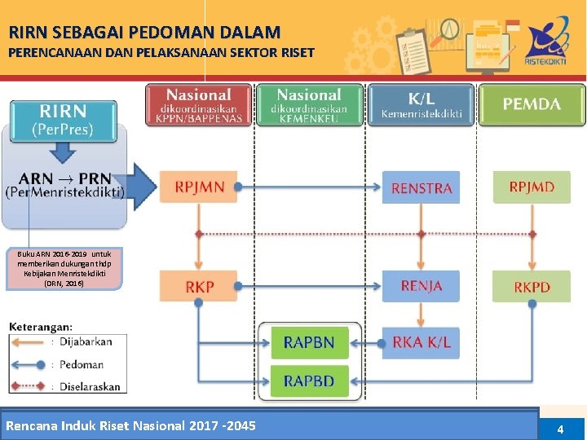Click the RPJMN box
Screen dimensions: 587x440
pyautogui.click(x=199, y=187)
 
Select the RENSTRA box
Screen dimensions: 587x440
pyautogui.click(x=421, y=187)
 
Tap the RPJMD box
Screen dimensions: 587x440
pyautogui.click(x=532, y=187)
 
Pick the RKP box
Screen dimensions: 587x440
pyautogui.click(x=199, y=287)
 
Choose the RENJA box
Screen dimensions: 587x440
pyautogui.click(x=421, y=286)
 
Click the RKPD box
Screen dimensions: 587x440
pyautogui.click(x=532, y=287)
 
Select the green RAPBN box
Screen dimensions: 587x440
pyautogui.click(x=309, y=342)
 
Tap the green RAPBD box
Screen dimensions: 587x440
pyautogui.click(x=309, y=381)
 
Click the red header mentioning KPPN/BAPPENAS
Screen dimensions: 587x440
pyautogui.click(x=198, y=105)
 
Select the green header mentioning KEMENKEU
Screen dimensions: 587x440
pyautogui.click(x=309, y=105)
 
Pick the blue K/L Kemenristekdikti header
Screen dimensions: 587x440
pyautogui.click(x=420, y=105)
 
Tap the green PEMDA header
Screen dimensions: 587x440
pyautogui.click(x=531, y=105)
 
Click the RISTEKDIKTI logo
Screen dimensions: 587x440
pyautogui.click(x=548, y=45)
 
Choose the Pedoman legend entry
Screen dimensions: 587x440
pyautogui.click(x=82, y=364)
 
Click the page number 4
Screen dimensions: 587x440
pyautogui.click(x=560, y=429)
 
